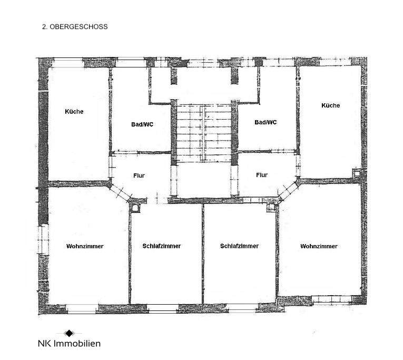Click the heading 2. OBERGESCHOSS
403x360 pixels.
(x=75, y=26)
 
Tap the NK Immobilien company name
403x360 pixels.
(x=69, y=343)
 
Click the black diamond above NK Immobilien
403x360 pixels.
(x=69, y=333)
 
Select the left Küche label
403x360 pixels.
(x=74, y=112)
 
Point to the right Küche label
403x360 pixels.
(x=331, y=105)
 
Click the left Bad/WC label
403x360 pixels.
(x=142, y=125)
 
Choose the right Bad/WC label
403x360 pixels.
(x=266, y=122)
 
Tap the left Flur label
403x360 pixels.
(x=140, y=176)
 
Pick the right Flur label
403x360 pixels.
(x=261, y=175)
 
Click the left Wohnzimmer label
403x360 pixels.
(x=85, y=246)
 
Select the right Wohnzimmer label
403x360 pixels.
(x=319, y=246)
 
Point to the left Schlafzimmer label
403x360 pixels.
(x=162, y=246)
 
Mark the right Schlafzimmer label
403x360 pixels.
(x=239, y=246)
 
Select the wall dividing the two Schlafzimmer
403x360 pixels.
(x=203, y=253)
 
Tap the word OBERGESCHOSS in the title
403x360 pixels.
(x=80, y=26)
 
